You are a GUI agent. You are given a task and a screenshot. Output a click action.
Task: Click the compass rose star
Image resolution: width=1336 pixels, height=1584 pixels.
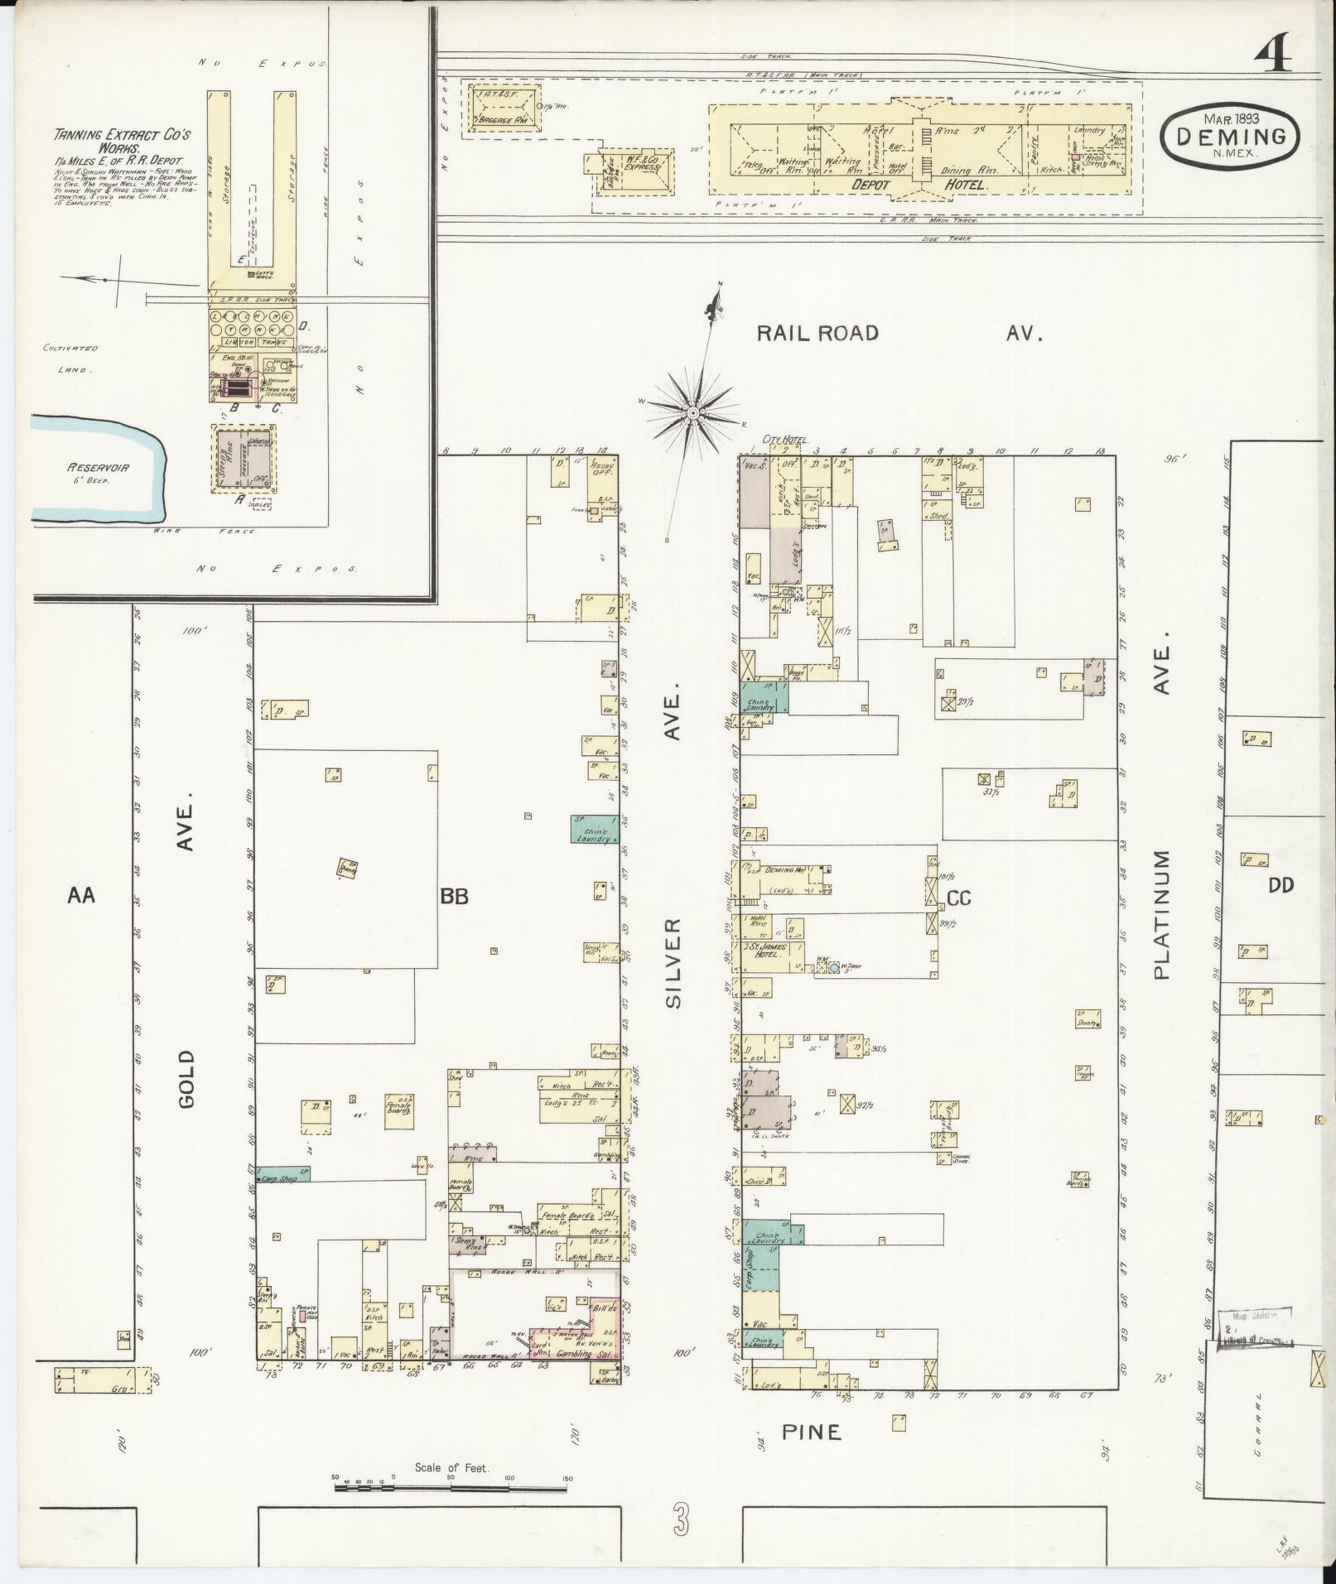tap(692, 411)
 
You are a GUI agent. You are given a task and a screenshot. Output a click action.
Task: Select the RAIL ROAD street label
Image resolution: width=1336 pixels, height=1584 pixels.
tap(818, 333)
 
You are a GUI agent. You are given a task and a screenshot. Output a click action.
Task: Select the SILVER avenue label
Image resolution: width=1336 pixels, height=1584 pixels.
tap(673, 962)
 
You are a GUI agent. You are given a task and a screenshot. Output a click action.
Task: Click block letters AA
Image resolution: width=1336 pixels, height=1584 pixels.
tap(81, 895)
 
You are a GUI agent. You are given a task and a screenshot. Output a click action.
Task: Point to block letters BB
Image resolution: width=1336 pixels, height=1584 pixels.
tap(455, 896)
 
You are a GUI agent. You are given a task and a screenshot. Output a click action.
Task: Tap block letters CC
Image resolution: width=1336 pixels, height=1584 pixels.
tap(957, 898)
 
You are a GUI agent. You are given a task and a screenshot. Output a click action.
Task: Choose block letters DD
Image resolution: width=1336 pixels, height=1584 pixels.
tap(1280, 886)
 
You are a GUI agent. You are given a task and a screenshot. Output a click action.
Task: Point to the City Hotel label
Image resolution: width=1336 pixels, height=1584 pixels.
tap(789, 440)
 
